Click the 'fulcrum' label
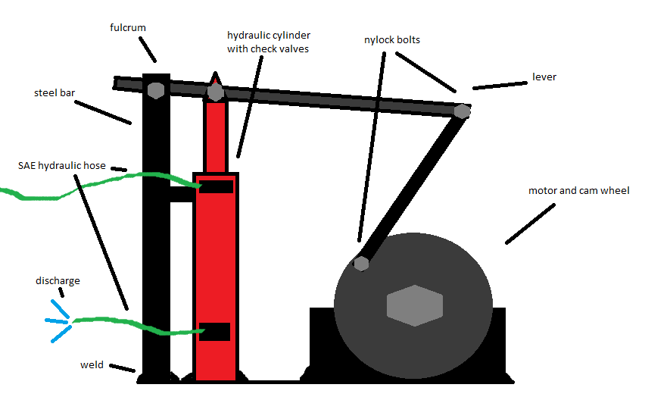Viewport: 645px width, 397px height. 128,28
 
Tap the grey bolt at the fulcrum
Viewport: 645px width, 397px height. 155,89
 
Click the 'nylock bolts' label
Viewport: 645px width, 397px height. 391,39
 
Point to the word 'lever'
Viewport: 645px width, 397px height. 544,77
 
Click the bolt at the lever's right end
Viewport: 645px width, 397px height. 462,111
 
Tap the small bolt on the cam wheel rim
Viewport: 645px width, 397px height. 361,264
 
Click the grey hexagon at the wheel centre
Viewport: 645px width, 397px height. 414,305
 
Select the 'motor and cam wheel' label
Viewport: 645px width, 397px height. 578,191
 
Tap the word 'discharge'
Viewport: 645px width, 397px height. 58,281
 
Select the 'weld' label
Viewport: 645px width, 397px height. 92,365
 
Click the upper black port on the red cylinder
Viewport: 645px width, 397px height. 216,186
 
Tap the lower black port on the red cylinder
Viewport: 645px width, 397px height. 215,331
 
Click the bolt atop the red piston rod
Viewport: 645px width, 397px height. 216,92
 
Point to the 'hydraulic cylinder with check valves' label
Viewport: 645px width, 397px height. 268,42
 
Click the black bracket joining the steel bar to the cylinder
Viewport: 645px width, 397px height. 182,194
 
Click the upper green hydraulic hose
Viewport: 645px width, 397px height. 114,180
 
